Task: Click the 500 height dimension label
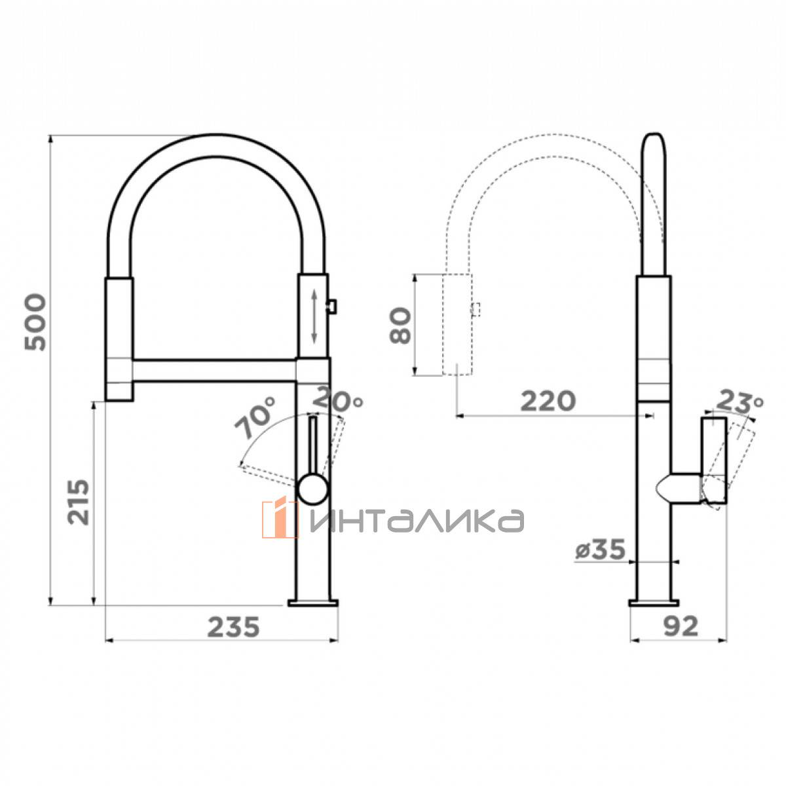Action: click(x=35, y=322)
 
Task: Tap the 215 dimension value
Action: click(x=79, y=502)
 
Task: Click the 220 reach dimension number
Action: click(x=548, y=401)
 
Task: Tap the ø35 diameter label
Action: click(x=601, y=550)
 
